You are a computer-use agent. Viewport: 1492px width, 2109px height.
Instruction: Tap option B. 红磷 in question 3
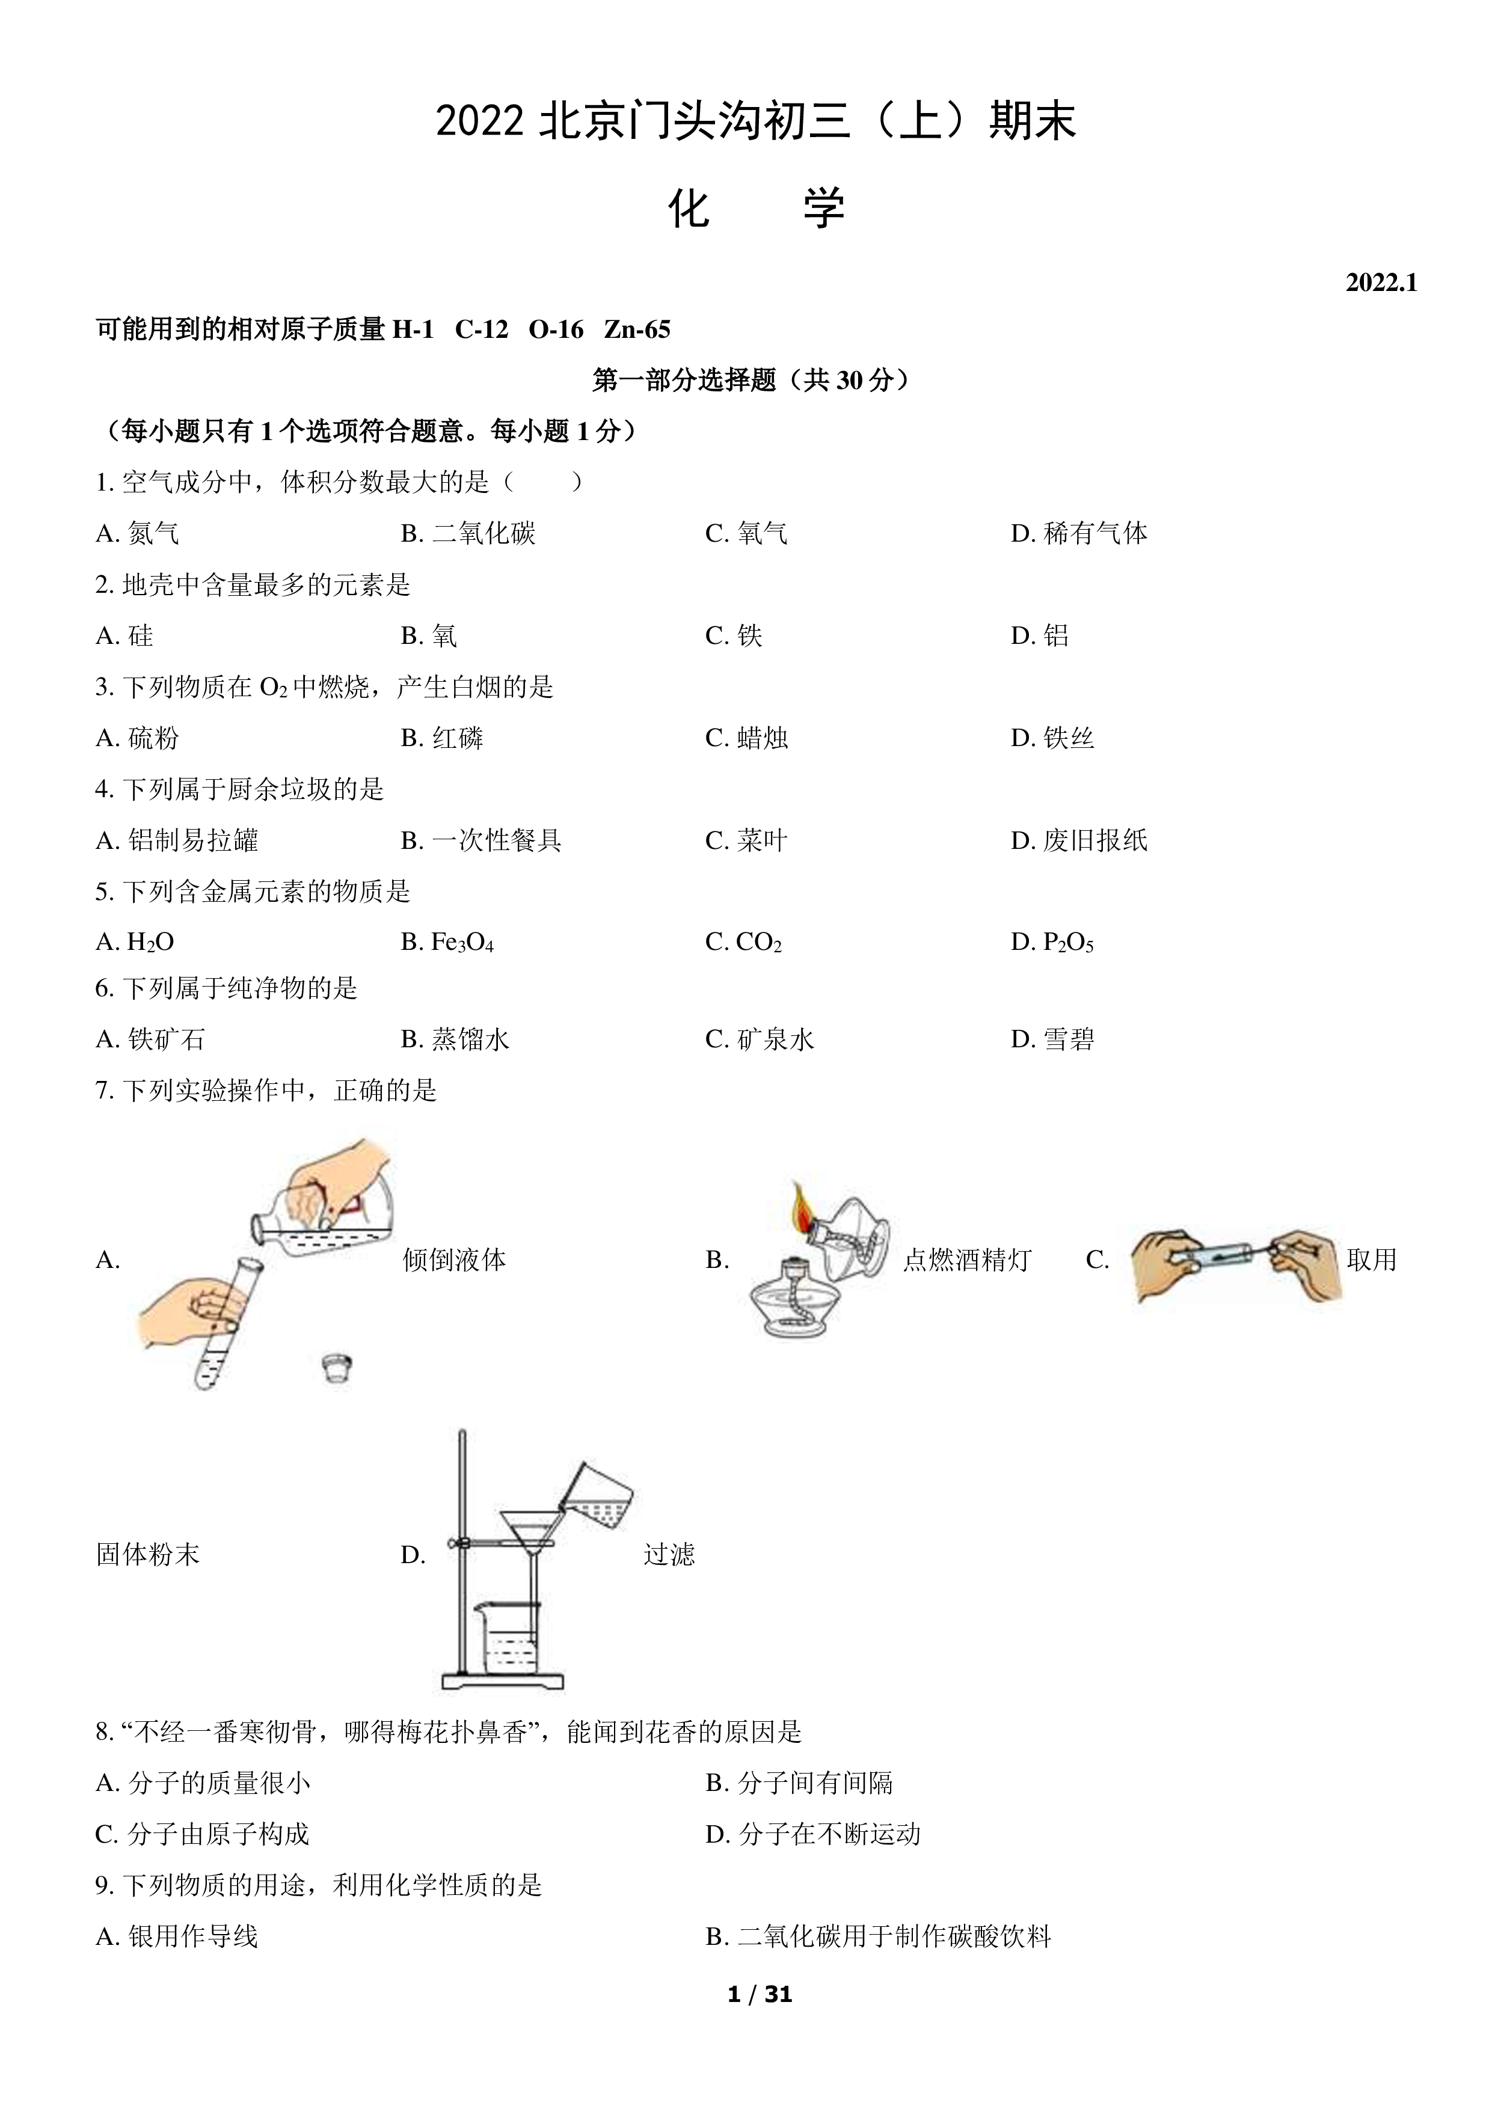pos(442,738)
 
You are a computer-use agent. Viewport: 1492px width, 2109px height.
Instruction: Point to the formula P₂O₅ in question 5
pos(1069,943)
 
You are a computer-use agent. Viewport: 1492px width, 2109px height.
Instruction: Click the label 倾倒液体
pos(454,1260)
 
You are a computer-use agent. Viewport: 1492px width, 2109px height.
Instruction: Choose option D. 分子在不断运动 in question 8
pos(813,1834)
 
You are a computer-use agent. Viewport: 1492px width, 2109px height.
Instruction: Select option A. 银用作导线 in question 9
pos(176,1936)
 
